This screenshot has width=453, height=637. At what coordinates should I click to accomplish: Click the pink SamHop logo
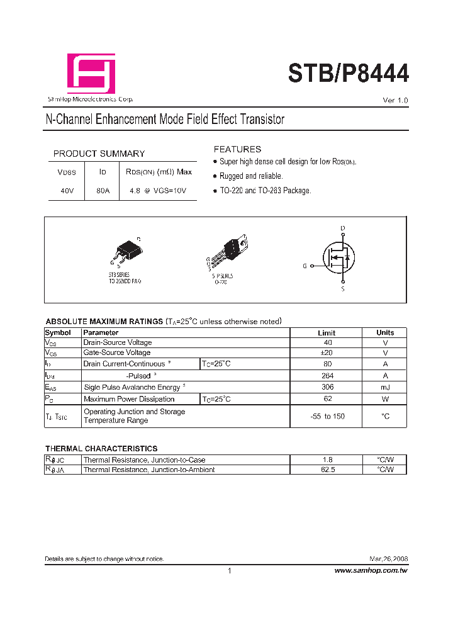click(91, 73)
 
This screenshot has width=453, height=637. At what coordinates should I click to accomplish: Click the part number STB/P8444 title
click(348, 73)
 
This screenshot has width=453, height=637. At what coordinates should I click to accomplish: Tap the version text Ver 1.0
click(395, 101)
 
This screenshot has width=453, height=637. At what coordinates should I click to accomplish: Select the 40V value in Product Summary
click(66, 191)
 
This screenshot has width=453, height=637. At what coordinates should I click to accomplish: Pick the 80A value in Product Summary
click(103, 191)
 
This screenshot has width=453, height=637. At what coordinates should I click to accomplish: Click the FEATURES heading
click(237, 149)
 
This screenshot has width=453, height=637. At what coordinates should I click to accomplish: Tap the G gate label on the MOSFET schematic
click(305, 266)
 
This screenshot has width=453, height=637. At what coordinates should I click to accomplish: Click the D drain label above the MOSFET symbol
click(343, 228)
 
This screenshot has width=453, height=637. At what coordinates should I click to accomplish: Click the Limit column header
click(327, 332)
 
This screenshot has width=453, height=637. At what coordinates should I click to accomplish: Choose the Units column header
click(385, 332)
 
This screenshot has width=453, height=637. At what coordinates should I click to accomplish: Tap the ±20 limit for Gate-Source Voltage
click(327, 353)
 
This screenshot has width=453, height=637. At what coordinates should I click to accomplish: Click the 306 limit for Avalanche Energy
click(327, 387)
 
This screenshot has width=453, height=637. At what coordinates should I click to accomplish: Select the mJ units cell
click(385, 387)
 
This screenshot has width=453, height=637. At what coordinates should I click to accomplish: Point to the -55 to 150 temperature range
click(327, 416)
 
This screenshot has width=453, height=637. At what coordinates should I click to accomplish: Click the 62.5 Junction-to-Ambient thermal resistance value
click(327, 470)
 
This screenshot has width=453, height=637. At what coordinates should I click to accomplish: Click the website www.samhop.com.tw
click(371, 570)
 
